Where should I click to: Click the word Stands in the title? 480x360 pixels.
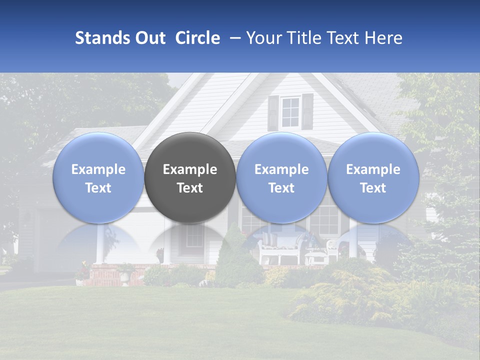(x=97, y=38)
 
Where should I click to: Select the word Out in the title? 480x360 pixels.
(x=149, y=38)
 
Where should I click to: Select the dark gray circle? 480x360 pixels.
(x=190, y=178)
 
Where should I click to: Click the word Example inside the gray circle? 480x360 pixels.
(x=190, y=169)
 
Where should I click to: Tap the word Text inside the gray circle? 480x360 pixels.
(x=190, y=188)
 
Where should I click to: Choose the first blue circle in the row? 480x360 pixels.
(x=98, y=178)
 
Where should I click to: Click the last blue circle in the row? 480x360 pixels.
(x=373, y=178)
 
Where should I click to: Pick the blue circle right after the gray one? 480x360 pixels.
(x=281, y=178)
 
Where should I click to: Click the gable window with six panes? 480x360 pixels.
(x=290, y=112)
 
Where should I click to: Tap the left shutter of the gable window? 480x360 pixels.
(x=273, y=112)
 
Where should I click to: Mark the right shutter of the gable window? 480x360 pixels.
(x=307, y=111)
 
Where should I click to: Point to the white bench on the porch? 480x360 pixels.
(x=278, y=249)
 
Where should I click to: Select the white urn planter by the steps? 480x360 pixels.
(x=124, y=274)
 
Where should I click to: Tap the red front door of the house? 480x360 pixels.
(x=194, y=240)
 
